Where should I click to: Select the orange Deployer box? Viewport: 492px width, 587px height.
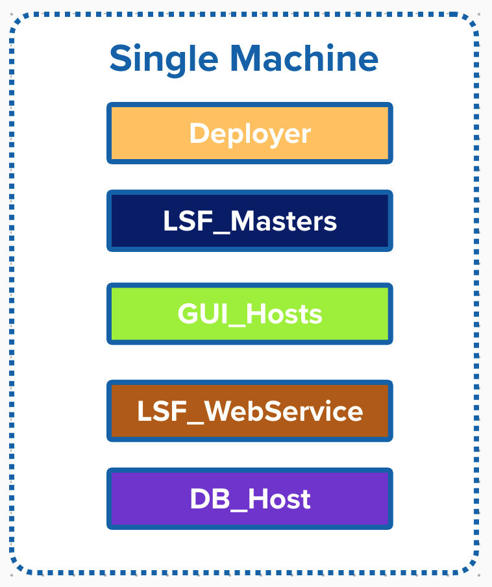click(x=250, y=133)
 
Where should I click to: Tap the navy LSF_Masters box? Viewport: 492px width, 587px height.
click(x=250, y=221)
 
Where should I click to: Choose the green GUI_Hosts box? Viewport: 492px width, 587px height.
click(x=250, y=314)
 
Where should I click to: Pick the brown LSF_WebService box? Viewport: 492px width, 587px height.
click(x=250, y=411)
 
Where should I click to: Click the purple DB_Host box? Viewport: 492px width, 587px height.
click(x=250, y=499)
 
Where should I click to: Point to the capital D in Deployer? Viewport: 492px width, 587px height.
click(x=199, y=134)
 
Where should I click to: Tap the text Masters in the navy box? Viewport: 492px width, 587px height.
click(x=284, y=221)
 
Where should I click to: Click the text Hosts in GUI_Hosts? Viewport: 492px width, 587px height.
click(x=286, y=314)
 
